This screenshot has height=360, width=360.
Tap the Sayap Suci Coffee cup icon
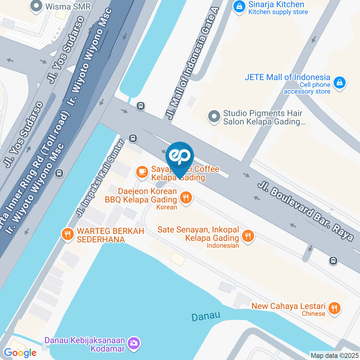[141, 172]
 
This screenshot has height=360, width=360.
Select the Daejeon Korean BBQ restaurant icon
[186, 197]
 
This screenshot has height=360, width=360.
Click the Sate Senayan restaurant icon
[247, 236]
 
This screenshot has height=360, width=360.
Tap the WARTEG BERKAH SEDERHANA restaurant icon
[67, 234]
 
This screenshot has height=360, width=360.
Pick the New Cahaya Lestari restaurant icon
[334, 308]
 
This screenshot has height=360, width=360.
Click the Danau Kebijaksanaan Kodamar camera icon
[133, 342]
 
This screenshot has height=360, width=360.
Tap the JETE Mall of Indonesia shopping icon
[339, 82]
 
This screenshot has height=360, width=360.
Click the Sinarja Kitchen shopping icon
[238, 6]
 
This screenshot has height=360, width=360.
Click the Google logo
[20, 352]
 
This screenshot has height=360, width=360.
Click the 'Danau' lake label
[205, 316]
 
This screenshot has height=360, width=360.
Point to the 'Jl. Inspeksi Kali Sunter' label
[100, 178]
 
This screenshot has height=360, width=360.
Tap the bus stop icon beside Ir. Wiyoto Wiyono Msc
[58, 173]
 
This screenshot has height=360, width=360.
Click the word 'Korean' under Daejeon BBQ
[167, 207]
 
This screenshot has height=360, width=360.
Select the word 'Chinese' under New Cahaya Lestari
[313, 313]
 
